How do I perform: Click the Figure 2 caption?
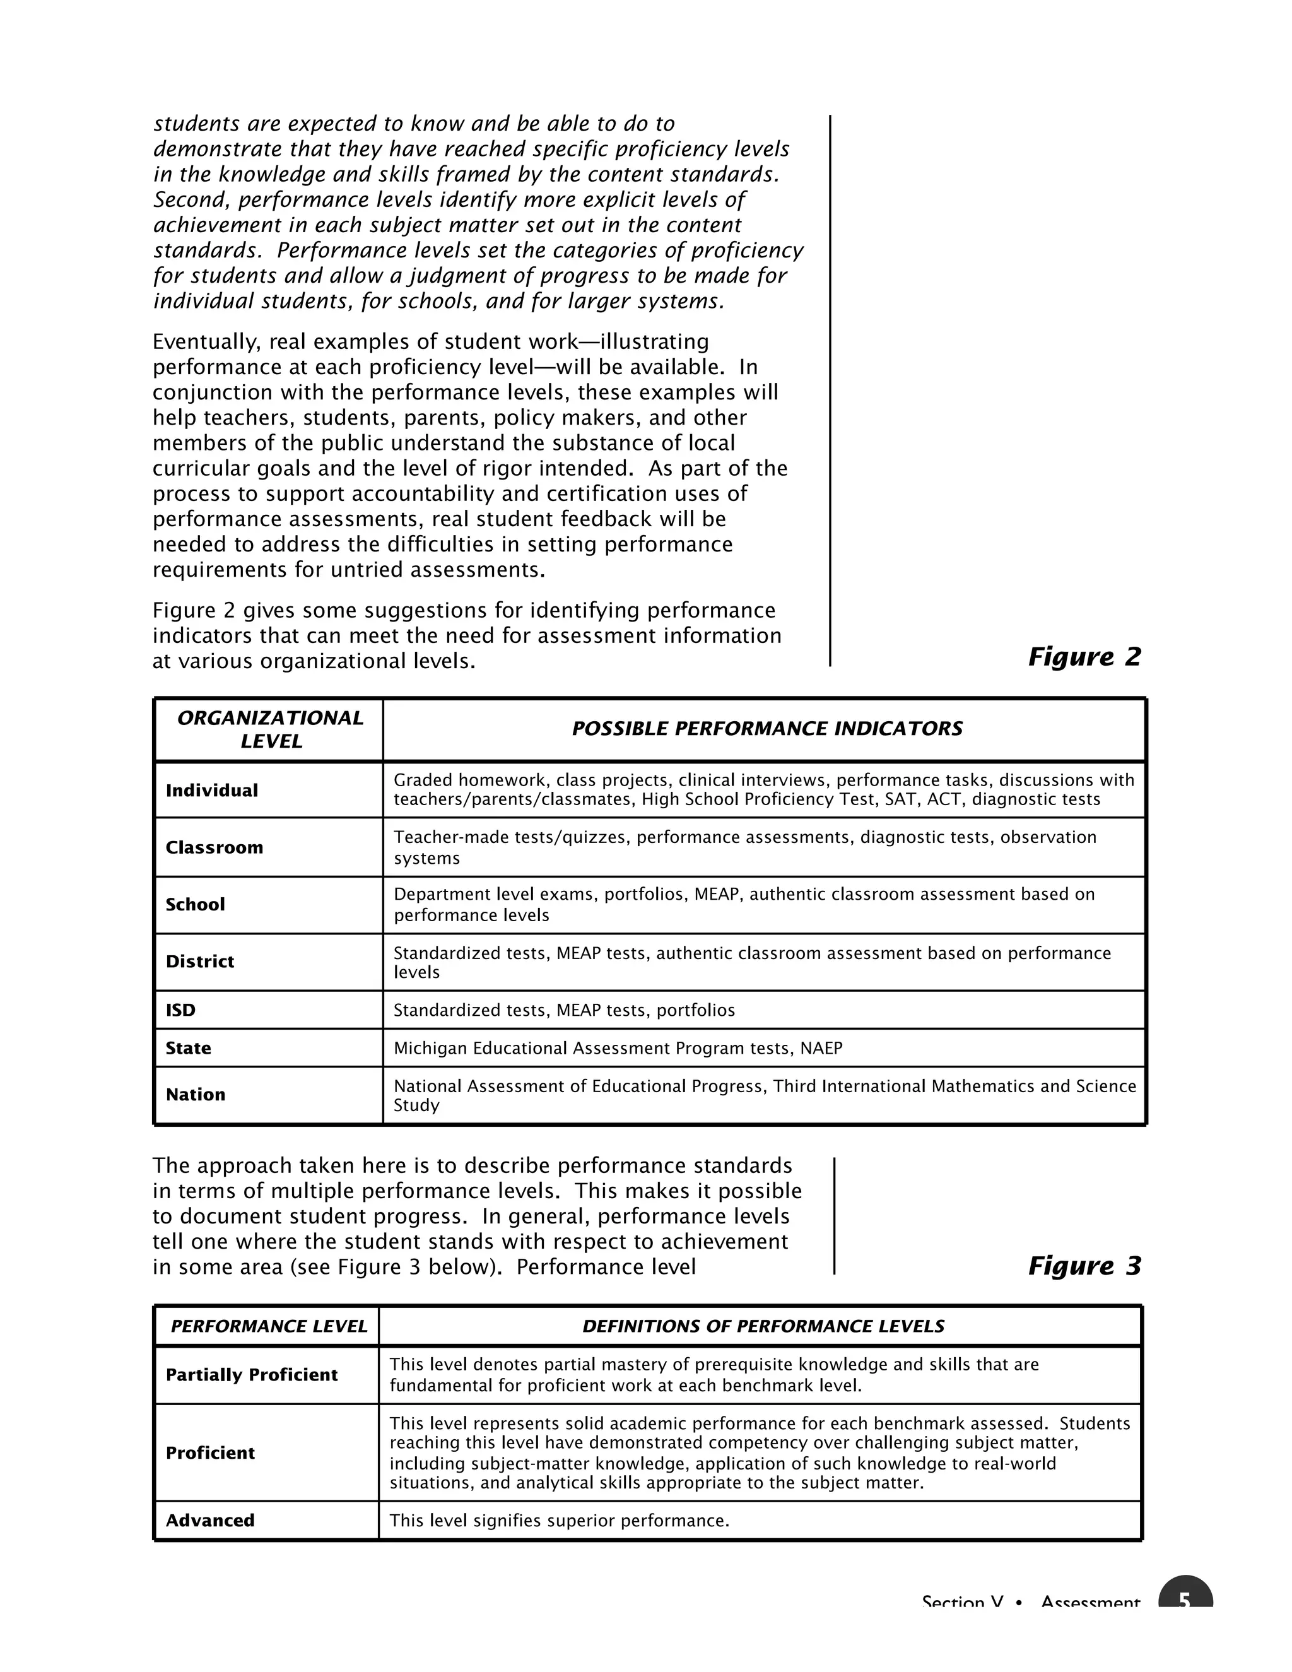point(1084,657)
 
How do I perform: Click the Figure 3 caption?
point(1084,1266)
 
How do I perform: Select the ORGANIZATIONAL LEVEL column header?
point(270,729)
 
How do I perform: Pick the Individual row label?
point(212,790)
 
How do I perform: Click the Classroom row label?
point(214,847)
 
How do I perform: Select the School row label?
point(195,904)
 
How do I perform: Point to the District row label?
point(200,962)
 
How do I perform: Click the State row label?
point(188,1048)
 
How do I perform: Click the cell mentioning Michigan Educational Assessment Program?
point(618,1048)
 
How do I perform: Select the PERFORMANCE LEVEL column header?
point(269,1327)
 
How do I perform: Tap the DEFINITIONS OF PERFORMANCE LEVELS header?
point(763,1327)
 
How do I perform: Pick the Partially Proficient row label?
point(252,1375)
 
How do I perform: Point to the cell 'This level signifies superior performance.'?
point(560,1521)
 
